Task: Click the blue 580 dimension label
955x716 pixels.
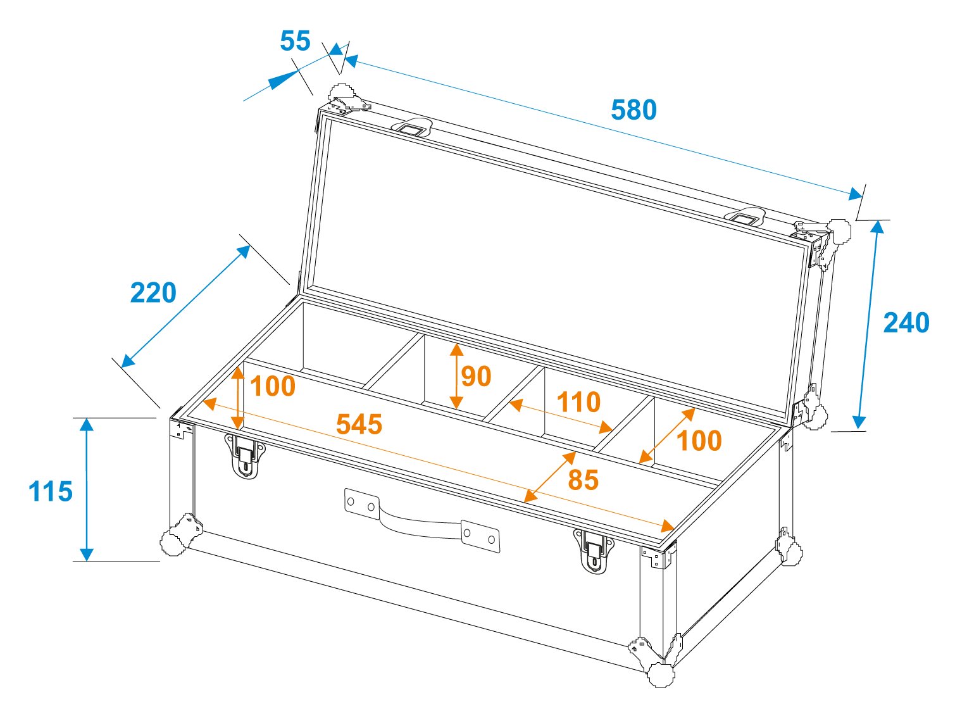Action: (634, 110)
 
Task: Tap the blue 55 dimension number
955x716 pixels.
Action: (295, 41)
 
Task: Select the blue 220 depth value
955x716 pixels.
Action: (153, 292)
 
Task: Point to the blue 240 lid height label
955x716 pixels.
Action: (906, 323)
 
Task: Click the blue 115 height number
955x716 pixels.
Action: (51, 492)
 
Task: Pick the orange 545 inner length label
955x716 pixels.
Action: (359, 424)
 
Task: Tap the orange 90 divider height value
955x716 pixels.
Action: (476, 377)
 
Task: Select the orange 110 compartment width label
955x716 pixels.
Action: (578, 402)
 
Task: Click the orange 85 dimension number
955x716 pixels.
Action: (584, 480)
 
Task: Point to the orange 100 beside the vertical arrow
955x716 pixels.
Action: (273, 386)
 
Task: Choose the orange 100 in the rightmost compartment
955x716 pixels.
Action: (699, 441)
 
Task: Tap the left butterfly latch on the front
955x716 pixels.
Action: (244, 455)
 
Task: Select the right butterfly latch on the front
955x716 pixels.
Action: (593, 551)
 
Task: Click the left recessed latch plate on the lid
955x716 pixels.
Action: (412, 127)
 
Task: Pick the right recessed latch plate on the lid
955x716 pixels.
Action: (745, 217)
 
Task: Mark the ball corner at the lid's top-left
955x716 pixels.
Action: (341, 92)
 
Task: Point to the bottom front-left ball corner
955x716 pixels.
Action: (174, 543)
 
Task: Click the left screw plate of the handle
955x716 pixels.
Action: (361, 504)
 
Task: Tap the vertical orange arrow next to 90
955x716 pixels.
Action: (456, 377)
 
